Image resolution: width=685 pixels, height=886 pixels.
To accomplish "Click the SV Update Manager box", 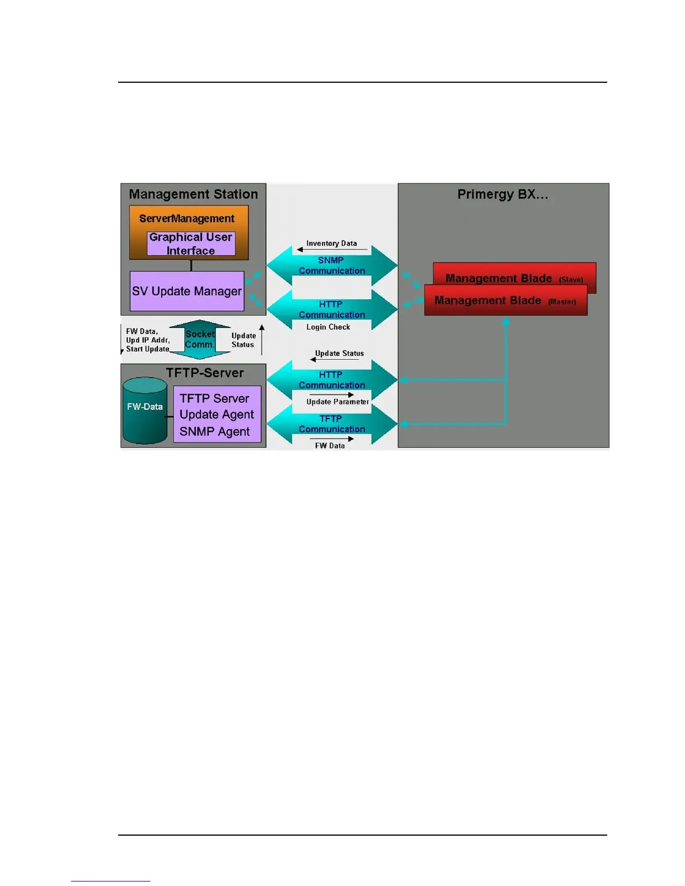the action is pyautogui.click(x=187, y=291).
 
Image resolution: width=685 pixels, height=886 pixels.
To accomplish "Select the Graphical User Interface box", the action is pyautogui.click(x=191, y=244).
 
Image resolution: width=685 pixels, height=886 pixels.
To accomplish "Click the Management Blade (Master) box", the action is pyautogui.click(x=505, y=301).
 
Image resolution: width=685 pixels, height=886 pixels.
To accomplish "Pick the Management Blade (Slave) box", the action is pyautogui.click(x=514, y=274).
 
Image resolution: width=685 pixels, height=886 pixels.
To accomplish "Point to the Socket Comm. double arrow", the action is pyautogui.click(x=200, y=340).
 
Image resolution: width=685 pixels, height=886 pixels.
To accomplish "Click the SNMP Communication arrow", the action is pyautogui.click(x=331, y=266).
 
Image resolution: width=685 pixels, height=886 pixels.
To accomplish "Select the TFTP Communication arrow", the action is pyautogui.click(x=331, y=424).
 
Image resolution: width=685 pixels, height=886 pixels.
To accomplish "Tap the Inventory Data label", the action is pyautogui.click(x=331, y=243).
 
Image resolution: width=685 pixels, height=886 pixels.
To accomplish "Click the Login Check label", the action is pyautogui.click(x=328, y=327).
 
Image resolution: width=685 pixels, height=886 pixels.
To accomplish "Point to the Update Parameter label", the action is pyautogui.click(x=337, y=402).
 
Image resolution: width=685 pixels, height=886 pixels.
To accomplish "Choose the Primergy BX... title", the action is pyautogui.click(x=503, y=195).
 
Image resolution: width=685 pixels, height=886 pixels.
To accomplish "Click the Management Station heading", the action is pyautogui.click(x=193, y=195).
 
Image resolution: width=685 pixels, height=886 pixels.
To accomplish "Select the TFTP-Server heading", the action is pyautogui.click(x=205, y=373).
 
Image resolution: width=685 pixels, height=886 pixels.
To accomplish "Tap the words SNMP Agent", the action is pyautogui.click(x=214, y=432).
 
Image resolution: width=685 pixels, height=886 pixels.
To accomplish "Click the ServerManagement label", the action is pyautogui.click(x=186, y=219).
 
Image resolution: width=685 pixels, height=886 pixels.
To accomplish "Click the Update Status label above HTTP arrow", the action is pyautogui.click(x=339, y=354).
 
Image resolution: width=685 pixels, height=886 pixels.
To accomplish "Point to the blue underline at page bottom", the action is pyautogui.click(x=110, y=881).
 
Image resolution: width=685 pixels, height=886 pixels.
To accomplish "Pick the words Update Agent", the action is pyautogui.click(x=217, y=415).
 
